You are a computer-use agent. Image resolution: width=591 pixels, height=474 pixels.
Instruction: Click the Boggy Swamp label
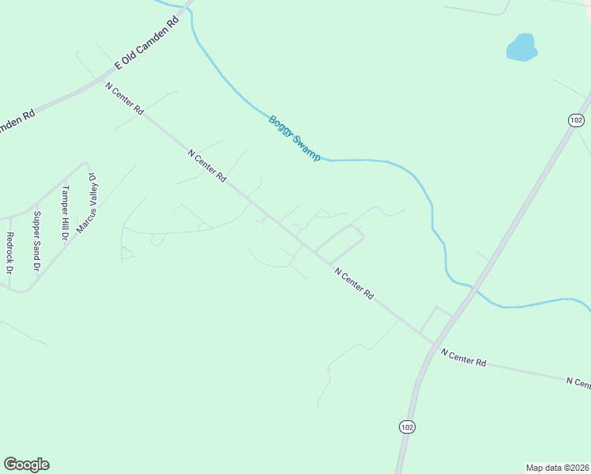tap(295, 138)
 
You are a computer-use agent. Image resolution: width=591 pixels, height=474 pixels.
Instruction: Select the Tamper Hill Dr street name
tap(66, 213)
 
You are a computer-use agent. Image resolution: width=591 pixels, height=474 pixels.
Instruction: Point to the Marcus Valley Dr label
tap(86, 203)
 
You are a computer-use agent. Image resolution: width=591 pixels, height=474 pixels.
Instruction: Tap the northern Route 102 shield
tap(575, 119)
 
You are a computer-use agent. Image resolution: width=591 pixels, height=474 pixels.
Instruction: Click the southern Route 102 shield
tap(406, 427)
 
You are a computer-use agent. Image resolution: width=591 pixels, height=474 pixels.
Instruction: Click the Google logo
tap(26, 465)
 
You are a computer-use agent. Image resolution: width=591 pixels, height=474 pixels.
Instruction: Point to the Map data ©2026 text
tap(557, 467)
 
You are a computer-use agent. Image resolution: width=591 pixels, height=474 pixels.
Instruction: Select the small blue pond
tap(521, 47)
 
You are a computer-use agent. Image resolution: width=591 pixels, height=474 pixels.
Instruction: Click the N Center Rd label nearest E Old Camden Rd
tap(124, 98)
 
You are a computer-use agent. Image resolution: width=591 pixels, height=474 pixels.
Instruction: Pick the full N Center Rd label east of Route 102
tap(464, 357)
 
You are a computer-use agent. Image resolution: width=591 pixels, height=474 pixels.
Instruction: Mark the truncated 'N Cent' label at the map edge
tap(578, 383)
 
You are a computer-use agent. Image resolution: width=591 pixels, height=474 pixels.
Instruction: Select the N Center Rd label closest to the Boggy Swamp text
tap(208, 165)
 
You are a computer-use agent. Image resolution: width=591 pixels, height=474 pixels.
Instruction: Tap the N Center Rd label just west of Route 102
tap(354, 284)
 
